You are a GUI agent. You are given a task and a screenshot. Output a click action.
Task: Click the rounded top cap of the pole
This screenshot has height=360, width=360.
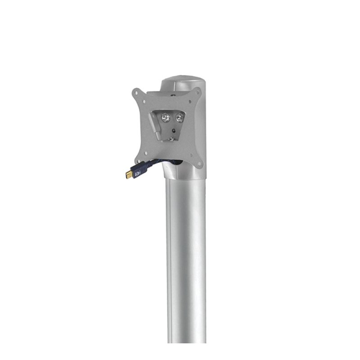[x=184, y=84]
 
